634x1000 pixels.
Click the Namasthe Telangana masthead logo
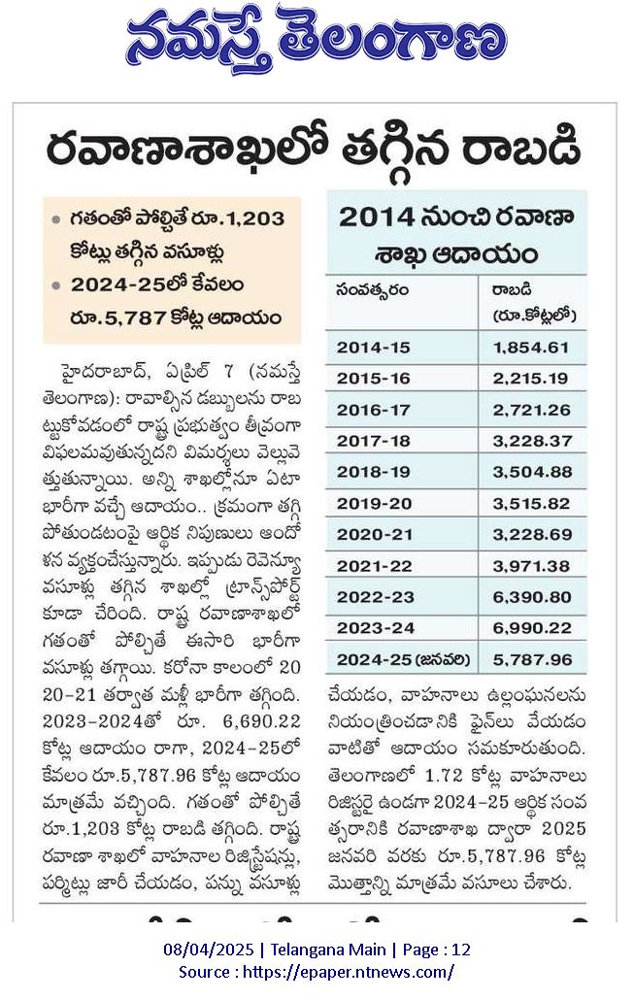point(317,40)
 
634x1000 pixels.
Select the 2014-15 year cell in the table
point(373,348)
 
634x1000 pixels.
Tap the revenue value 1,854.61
point(531,348)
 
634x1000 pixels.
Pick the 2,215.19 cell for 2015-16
point(531,379)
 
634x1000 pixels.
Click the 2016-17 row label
point(373,410)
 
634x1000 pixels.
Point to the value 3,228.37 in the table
point(532,441)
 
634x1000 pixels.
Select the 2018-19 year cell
point(374,472)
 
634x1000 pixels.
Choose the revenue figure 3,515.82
point(531,503)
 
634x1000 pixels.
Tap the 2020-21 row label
point(375,534)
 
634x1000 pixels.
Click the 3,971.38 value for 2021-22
point(532,566)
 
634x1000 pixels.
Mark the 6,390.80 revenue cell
point(532,597)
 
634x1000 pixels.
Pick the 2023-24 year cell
point(375,628)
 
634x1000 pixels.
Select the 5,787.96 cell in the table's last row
point(532,659)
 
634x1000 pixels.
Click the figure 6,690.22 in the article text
point(261,720)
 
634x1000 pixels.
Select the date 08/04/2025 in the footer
point(209,950)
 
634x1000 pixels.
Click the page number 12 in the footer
point(461,950)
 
